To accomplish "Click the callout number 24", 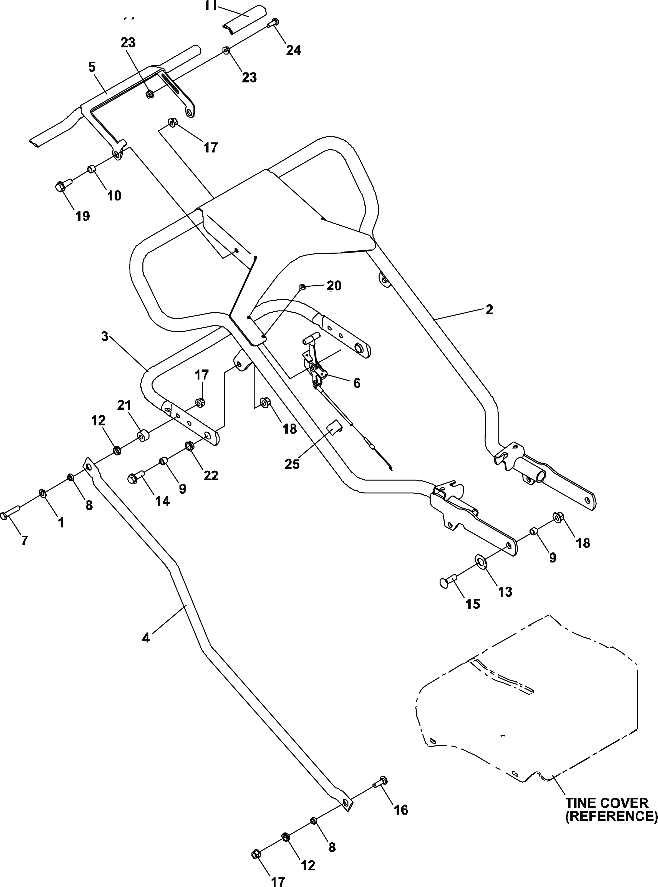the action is coord(294,50).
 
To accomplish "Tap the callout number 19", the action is coord(83,216).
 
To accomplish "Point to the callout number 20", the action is coord(334,286).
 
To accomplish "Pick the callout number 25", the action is coord(292,464).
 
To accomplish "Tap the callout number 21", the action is coord(124,405).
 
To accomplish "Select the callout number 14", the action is coord(162,501).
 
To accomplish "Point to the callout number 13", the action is coord(505,592).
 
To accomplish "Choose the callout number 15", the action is coord(473,604).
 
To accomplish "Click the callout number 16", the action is coord(401,810).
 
